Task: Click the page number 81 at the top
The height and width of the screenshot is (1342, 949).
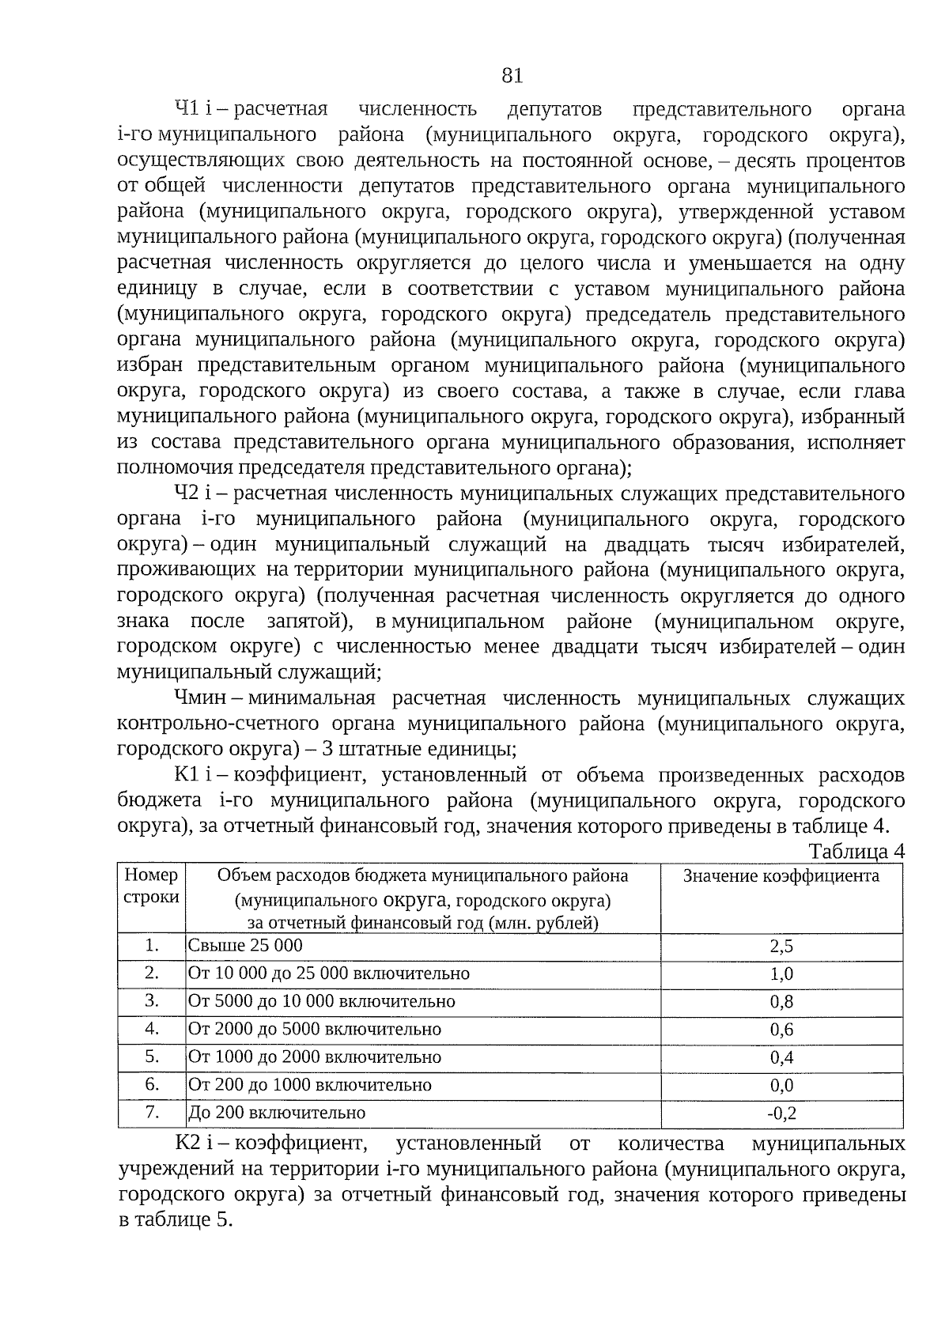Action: point(512,76)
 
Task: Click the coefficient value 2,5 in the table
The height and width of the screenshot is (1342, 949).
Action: point(781,947)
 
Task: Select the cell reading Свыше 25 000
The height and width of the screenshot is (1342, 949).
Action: point(245,946)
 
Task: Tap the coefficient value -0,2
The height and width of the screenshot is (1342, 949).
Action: point(781,1113)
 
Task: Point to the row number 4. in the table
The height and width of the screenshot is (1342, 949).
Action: point(152,1029)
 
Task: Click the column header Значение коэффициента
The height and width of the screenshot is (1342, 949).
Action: point(781,875)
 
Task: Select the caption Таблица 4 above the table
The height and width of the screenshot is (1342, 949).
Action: point(856,851)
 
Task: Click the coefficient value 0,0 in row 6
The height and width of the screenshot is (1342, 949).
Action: point(781,1086)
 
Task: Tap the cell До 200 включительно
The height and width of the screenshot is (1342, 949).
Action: point(277,1113)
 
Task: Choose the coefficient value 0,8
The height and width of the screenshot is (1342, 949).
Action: point(781,1002)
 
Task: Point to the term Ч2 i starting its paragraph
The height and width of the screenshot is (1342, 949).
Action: point(191,493)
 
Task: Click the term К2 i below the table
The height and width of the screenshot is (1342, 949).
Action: point(192,1143)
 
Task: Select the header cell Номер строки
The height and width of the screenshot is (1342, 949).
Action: point(152,886)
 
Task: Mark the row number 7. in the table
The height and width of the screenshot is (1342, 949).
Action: point(152,1112)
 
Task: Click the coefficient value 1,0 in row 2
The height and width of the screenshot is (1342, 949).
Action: point(781,974)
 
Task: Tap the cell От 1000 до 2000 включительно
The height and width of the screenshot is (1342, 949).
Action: point(314,1057)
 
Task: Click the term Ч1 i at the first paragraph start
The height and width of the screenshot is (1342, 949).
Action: point(191,108)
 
